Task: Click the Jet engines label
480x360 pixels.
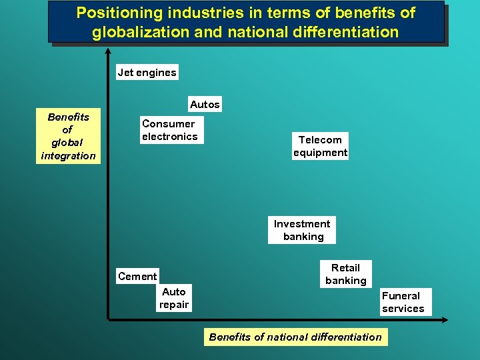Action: [x=147, y=73]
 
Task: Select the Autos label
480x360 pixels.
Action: [x=205, y=105]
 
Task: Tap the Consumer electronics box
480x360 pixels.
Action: [x=169, y=130]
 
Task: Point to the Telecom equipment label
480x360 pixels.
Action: [x=320, y=146]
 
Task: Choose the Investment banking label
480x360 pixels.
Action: [x=302, y=230]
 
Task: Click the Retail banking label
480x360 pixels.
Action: [x=345, y=274]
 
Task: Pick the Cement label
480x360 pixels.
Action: [x=137, y=276]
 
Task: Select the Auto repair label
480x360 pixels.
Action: [x=174, y=298]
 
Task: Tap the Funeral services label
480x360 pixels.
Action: [x=403, y=302]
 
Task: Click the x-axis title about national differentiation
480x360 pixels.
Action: [x=295, y=337]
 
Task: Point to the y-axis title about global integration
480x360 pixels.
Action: [x=68, y=136]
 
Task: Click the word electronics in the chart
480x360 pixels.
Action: [x=169, y=137]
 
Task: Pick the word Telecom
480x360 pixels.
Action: [x=320, y=139]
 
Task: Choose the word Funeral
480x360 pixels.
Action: [x=401, y=295]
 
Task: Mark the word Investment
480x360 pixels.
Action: [x=302, y=224]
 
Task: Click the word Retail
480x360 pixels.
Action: [x=345, y=267]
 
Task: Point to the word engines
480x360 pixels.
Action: [x=157, y=73]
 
